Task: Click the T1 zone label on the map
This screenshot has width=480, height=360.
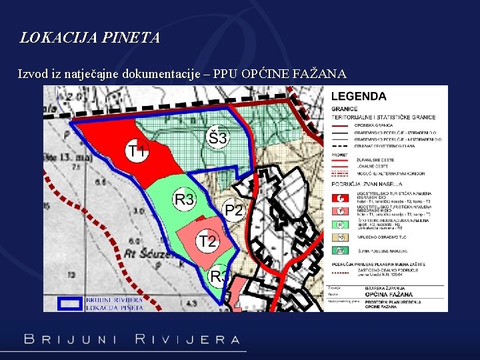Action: pos(137,151)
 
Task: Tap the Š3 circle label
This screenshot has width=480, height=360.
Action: pos(217,139)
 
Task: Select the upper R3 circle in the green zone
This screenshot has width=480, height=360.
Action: pos(184,199)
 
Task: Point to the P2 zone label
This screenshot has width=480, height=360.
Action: pos(234,211)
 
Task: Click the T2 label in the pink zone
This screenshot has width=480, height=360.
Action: pos(207,241)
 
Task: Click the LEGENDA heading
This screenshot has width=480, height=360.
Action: pos(359,96)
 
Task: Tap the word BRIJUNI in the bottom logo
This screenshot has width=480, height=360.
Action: pos(70,339)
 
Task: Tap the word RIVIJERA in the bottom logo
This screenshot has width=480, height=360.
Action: pos(187,339)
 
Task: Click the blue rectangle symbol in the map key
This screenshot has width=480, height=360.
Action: pos(69,303)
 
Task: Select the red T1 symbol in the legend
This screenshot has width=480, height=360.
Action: pos(340,198)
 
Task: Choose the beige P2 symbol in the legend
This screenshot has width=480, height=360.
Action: pos(340,236)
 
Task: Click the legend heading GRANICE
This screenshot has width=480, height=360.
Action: pos(344,109)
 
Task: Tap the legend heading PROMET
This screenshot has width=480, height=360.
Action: pos(341,154)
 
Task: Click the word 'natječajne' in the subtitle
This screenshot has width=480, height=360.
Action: pos(105,73)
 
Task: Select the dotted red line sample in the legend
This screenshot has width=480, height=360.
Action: pos(340,273)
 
